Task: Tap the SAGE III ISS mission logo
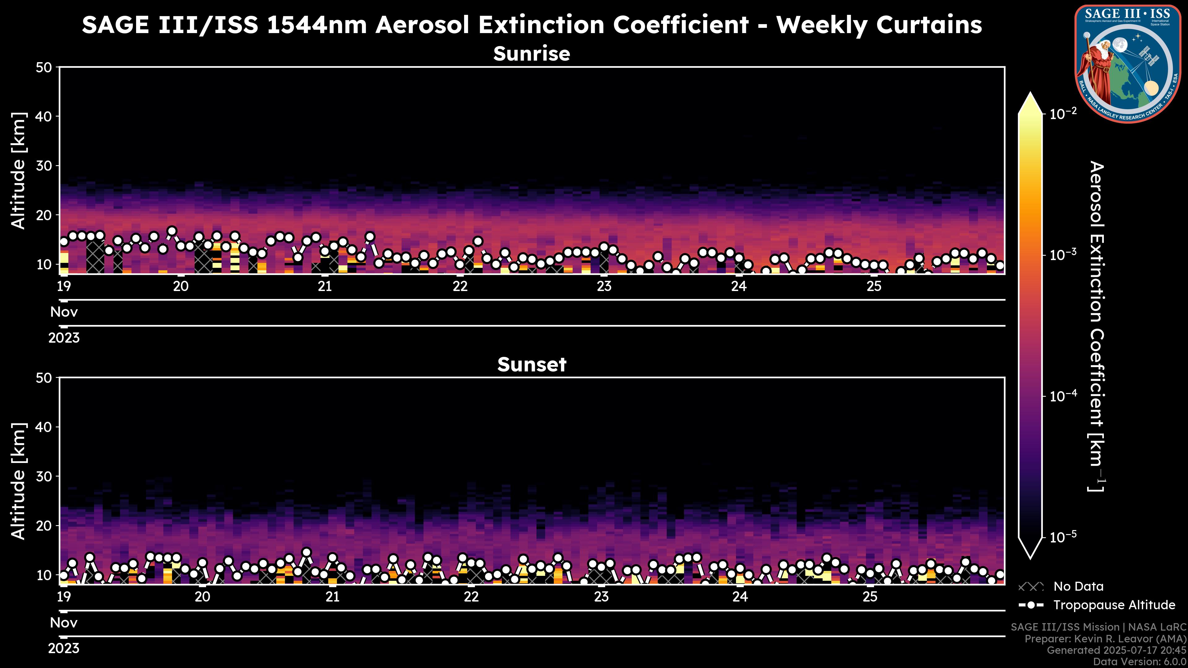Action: click(1128, 64)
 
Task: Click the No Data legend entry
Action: click(1078, 586)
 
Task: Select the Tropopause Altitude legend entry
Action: click(1114, 605)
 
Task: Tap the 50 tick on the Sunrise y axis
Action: click(45, 68)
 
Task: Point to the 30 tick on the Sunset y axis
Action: click(45, 477)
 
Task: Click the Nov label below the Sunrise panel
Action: click(64, 312)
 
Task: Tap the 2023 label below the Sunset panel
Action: click(64, 649)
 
